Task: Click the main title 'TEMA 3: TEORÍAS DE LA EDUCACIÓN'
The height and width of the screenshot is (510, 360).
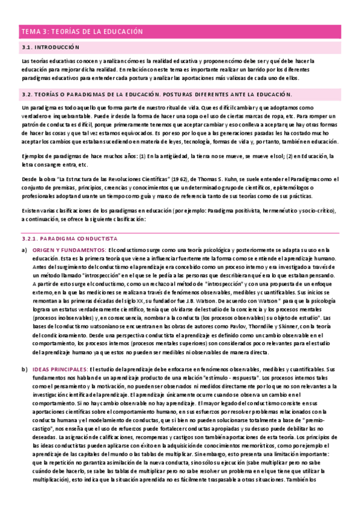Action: click(82, 31)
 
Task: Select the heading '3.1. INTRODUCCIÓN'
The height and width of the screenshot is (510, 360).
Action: click(50, 47)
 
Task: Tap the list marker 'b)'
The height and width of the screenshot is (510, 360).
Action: click(24, 368)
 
